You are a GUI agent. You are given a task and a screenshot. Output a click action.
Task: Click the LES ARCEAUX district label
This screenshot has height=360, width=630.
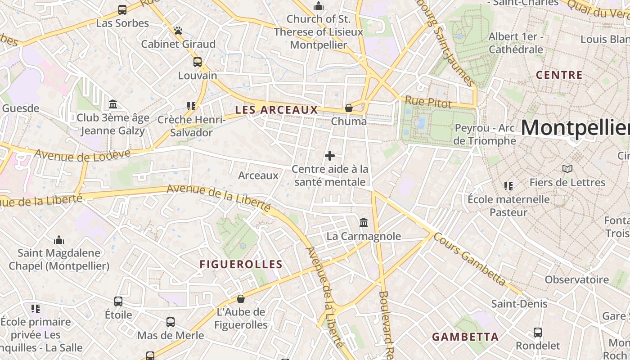tap(276, 110)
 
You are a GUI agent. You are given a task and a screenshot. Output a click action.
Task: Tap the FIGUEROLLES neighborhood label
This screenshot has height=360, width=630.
tap(241, 265)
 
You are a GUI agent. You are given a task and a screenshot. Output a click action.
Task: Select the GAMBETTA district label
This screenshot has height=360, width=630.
tap(465, 337)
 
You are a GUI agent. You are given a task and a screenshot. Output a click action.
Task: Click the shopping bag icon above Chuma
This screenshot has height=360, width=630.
tap(348, 108)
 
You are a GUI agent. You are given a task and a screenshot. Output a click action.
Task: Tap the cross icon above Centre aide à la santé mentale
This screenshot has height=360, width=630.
tap(330, 156)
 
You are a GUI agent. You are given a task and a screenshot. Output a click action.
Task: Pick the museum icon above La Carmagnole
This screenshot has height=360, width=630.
tap(364, 222)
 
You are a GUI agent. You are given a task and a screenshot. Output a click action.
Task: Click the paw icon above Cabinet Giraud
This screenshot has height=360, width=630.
tap(179, 31)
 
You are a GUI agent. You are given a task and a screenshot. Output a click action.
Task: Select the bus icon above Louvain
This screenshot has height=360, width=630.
tap(198, 62)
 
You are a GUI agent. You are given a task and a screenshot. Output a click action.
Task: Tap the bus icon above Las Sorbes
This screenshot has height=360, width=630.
tap(122, 9)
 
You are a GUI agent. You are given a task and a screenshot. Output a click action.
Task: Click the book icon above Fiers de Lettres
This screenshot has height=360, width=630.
tap(567, 169)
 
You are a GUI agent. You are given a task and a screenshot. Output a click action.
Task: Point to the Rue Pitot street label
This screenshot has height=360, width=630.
tap(428, 103)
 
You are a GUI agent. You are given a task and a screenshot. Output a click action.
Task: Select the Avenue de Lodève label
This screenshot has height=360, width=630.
tap(82, 154)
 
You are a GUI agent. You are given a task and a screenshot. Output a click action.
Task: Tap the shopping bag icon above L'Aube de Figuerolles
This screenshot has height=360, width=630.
tap(241, 299)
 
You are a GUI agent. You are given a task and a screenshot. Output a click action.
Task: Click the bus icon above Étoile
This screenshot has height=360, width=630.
tap(118, 301)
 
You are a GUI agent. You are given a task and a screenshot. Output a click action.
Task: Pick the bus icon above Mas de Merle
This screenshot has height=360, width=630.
tap(171, 322)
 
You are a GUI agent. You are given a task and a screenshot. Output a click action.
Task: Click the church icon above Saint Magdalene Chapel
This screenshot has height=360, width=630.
tap(59, 239)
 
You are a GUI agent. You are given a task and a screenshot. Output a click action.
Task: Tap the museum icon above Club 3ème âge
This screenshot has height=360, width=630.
tap(113, 104)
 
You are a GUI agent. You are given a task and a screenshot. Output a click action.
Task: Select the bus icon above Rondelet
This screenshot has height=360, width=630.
tap(538, 333)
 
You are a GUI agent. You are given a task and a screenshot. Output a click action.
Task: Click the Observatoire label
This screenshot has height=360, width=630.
tap(576, 279)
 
